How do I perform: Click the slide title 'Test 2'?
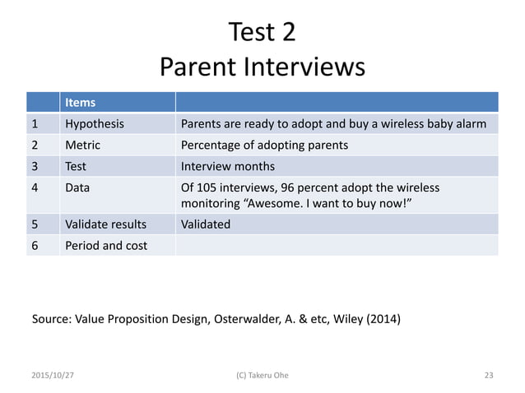tap(262, 32)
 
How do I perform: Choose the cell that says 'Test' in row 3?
tap(76, 167)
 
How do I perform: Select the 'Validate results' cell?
tap(105, 224)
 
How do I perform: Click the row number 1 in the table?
tap(34, 124)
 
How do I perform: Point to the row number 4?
tap(34, 188)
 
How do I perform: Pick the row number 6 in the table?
tap(34, 246)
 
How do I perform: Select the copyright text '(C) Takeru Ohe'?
tap(262, 375)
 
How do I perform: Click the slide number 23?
tap(489, 375)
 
